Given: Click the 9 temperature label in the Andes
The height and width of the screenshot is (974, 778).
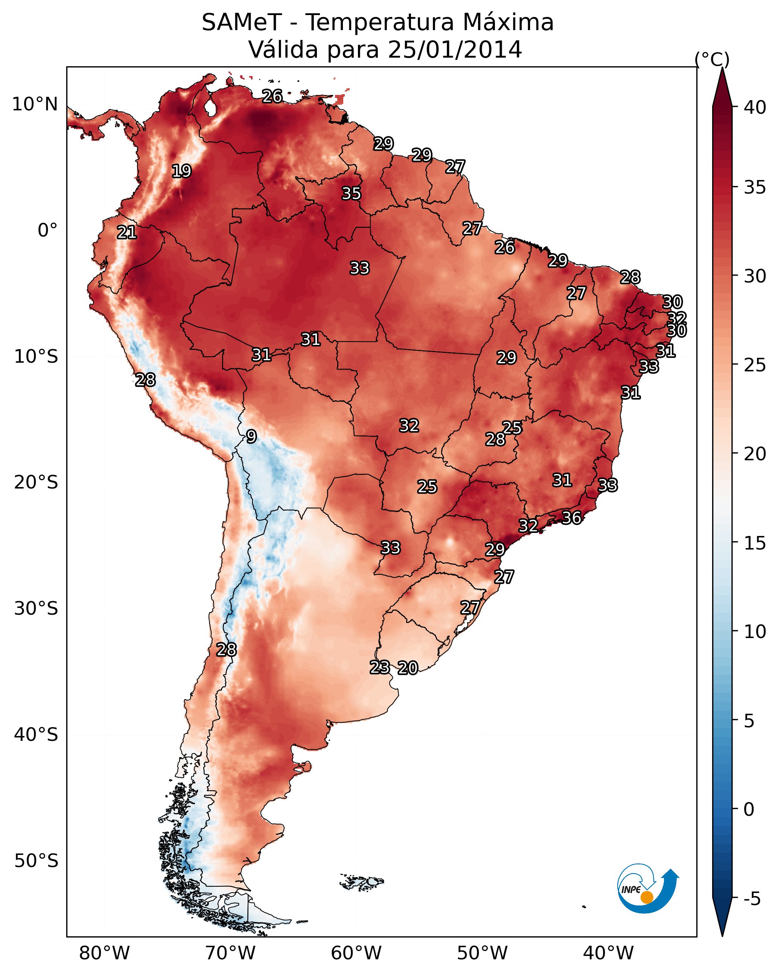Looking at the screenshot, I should [251, 437].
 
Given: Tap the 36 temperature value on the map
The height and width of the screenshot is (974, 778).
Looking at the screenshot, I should [571, 518].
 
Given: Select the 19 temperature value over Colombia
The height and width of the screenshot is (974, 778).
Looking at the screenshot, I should [181, 171].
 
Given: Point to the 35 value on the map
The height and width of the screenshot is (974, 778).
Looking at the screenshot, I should [351, 193].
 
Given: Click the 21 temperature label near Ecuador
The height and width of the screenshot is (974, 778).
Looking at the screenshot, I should [127, 233].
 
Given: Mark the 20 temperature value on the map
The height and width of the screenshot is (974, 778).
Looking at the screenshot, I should [408, 668].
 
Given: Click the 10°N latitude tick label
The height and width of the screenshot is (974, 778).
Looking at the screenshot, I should [35, 104].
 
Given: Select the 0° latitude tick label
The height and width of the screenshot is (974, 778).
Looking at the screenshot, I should [47, 231].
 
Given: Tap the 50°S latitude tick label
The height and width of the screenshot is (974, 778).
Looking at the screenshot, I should [36, 861].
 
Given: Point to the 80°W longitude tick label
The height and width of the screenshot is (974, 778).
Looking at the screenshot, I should [104, 953].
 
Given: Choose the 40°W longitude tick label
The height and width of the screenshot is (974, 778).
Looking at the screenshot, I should [608, 953].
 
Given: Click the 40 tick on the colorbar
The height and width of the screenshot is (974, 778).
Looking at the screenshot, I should [755, 107].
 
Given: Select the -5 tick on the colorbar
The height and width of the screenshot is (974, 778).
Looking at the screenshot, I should [752, 899].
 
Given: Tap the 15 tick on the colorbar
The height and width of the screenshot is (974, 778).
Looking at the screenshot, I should [755, 543].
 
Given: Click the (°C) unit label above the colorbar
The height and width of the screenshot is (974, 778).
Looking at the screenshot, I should [712, 59].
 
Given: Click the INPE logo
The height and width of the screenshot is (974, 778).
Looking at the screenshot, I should [647, 888].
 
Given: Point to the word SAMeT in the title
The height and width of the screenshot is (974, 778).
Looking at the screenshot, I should [242, 23].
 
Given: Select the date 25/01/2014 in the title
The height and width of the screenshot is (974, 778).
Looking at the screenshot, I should [455, 50].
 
